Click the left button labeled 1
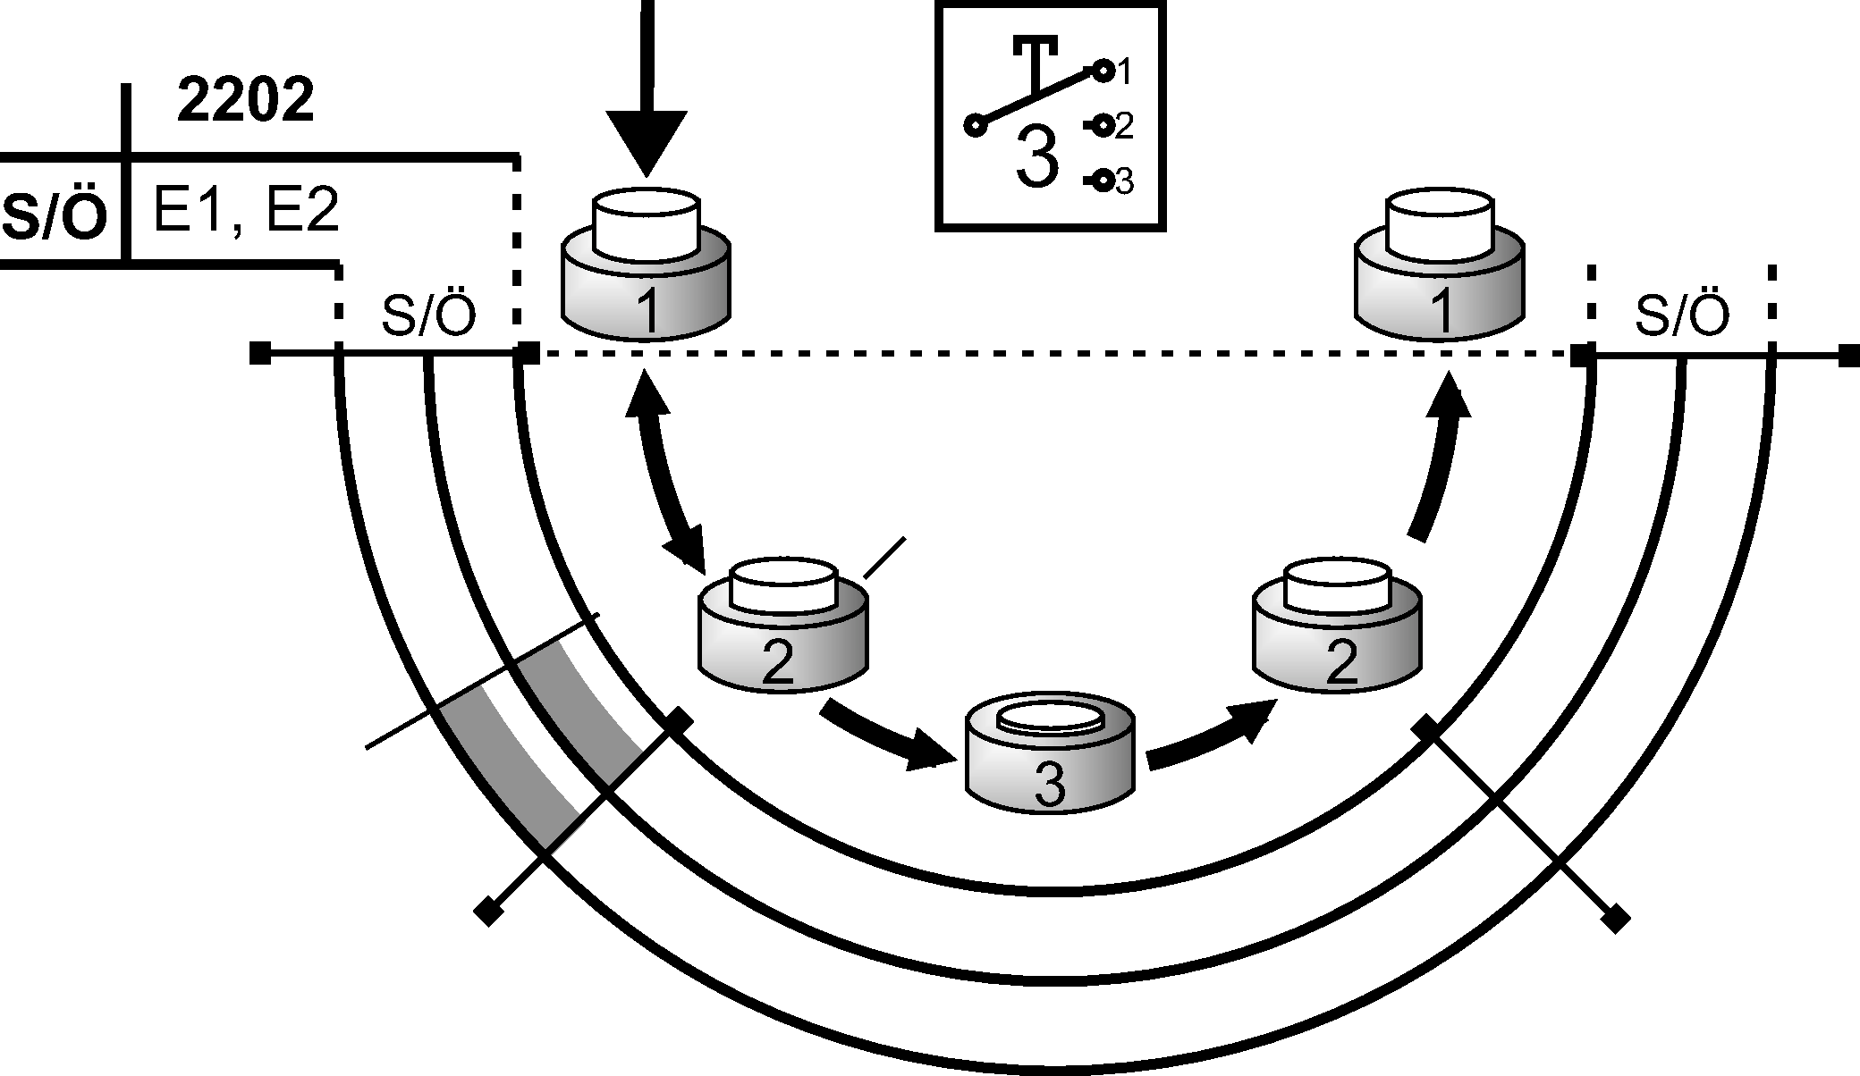[646, 268]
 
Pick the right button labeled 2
[1337, 626]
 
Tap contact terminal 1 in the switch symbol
[1104, 69]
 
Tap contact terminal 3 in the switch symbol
[1104, 181]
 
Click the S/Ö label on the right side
[1681, 315]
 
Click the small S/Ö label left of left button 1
[427, 315]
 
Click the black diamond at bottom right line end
[1615, 918]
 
